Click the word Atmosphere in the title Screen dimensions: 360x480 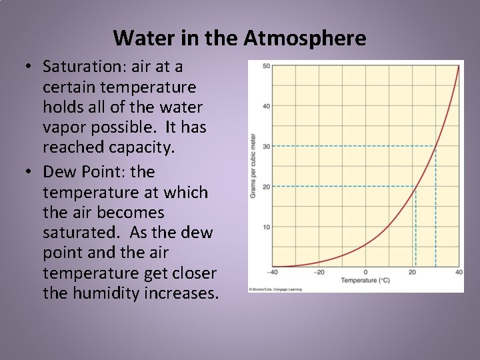(305, 38)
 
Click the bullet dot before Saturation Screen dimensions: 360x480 (28, 67)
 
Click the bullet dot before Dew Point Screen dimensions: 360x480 (28, 173)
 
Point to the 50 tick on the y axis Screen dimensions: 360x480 (266, 66)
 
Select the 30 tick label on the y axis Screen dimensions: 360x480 (266, 147)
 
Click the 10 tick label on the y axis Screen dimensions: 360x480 (266, 227)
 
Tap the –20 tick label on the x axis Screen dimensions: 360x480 (319, 272)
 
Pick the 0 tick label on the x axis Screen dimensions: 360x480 (365, 272)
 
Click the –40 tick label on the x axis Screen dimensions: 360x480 (272, 272)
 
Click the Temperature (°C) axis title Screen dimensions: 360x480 (365, 281)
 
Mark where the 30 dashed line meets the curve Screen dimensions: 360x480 (435, 147)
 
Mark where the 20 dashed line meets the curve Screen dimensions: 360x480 (415, 187)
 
